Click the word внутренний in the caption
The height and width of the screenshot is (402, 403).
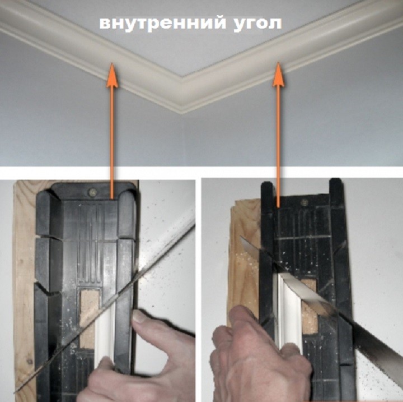click(163, 23)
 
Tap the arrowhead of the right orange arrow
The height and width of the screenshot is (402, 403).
click(278, 73)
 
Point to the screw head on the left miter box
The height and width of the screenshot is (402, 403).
click(92, 192)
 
